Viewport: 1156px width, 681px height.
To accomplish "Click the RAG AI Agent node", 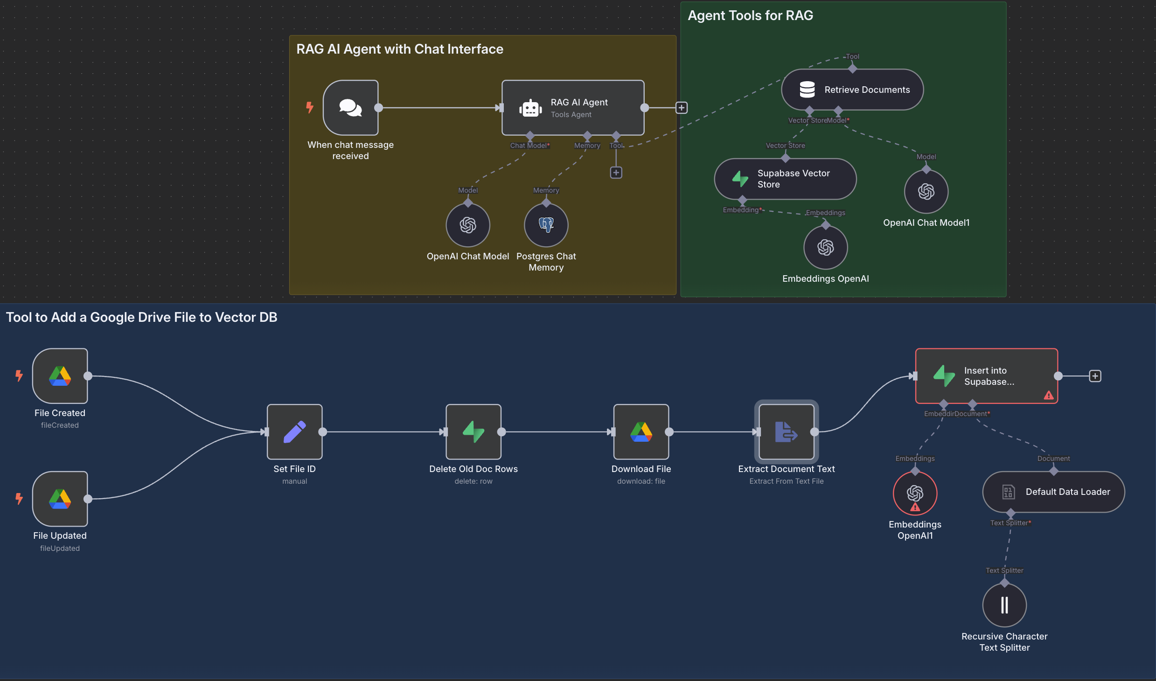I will pyautogui.click(x=573, y=108).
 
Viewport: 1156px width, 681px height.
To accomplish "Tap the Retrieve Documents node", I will pyautogui.click(x=852, y=90).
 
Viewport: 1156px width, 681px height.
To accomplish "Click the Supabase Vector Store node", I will pyautogui.click(x=785, y=179).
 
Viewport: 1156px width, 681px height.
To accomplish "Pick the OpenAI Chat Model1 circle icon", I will pyautogui.click(x=926, y=192).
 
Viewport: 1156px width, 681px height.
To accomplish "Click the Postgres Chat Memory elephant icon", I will pyautogui.click(x=546, y=225).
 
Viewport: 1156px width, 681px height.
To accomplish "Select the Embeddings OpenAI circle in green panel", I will pyautogui.click(x=825, y=247).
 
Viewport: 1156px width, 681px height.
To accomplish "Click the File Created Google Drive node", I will pyautogui.click(x=60, y=376).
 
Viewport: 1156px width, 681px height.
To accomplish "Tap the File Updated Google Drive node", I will pyautogui.click(x=60, y=499).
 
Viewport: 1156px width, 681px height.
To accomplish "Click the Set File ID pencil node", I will pyautogui.click(x=294, y=432).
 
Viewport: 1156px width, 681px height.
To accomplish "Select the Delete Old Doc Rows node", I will pyautogui.click(x=473, y=432).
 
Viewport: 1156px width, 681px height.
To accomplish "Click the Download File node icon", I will pyautogui.click(x=641, y=432).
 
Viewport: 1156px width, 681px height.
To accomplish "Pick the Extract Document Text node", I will pyautogui.click(x=786, y=432).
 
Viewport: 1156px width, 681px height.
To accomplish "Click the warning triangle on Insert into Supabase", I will pyautogui.click(x=1049, y=396).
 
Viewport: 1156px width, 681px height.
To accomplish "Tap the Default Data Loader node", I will pyautogui.click(x=1053, y=492).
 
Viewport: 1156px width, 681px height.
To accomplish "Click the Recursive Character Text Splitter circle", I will pyautogui.click(x=1004, y=605).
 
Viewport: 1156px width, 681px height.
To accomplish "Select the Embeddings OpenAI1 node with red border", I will pyautogui.click(x=915, y=493).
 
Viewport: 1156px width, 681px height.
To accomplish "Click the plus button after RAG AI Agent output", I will pyautogui.click(x=681, y=108).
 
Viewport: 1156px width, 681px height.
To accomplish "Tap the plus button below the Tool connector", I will pyautogui.click(x=616, y=173).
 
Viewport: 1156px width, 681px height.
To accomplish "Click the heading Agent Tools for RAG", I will pyautogui.click(x=750, y=15).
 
